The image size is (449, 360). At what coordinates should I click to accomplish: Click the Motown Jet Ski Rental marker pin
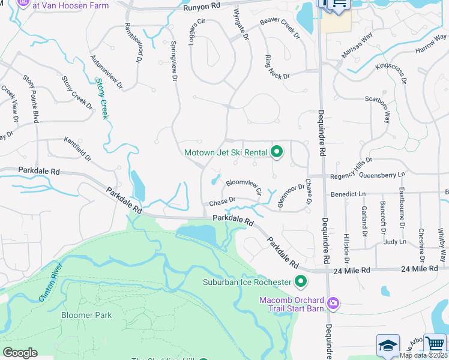pos(276,152)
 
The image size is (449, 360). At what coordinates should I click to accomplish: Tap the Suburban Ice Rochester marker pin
pos(301,281)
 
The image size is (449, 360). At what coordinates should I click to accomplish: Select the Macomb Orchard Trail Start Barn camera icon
pos(333,304)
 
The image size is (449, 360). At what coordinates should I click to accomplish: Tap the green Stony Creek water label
pos(103,98)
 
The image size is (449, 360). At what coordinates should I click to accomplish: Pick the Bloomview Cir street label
pos(244,186)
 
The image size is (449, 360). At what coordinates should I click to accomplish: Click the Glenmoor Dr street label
pos(291,196)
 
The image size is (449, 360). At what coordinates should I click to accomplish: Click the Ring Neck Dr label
pos(278,68)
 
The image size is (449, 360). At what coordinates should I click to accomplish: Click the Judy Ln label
pos(394,242)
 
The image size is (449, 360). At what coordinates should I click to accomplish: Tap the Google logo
pos(20,353)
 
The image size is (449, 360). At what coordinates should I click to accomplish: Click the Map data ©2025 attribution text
pos(423,355)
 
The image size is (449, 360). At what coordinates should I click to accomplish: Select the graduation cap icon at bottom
pos(388,346)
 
